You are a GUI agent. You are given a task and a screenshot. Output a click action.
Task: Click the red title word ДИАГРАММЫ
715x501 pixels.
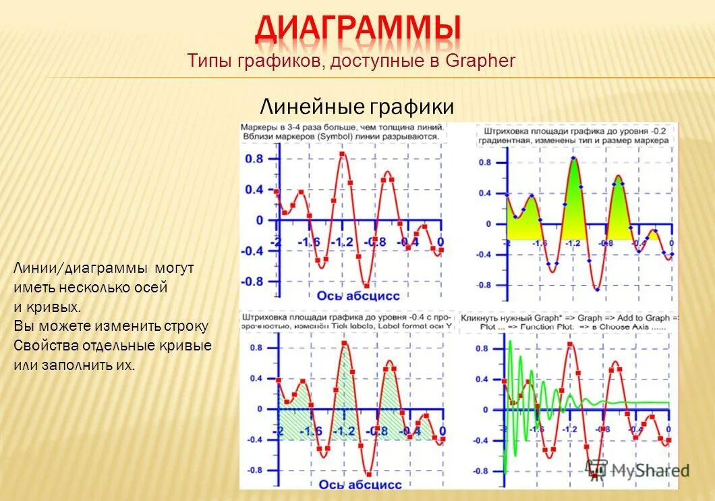point(358,28)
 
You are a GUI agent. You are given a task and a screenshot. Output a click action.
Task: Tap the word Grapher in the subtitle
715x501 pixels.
point(480,61)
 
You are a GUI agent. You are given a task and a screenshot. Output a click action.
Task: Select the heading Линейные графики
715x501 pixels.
point(357,106)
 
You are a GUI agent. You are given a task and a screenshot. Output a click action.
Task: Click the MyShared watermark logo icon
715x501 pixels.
point(596,469)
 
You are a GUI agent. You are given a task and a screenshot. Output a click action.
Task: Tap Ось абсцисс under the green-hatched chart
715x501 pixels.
point(360,483)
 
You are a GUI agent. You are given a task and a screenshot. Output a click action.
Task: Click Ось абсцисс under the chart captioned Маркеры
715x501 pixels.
point(358,295)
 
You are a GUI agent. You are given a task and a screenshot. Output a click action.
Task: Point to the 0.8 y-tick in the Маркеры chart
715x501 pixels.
point(254,159)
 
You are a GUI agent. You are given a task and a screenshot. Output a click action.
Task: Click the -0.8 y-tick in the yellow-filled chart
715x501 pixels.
point(484,285)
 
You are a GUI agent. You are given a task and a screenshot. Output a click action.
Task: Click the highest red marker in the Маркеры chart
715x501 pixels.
point(343,155)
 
